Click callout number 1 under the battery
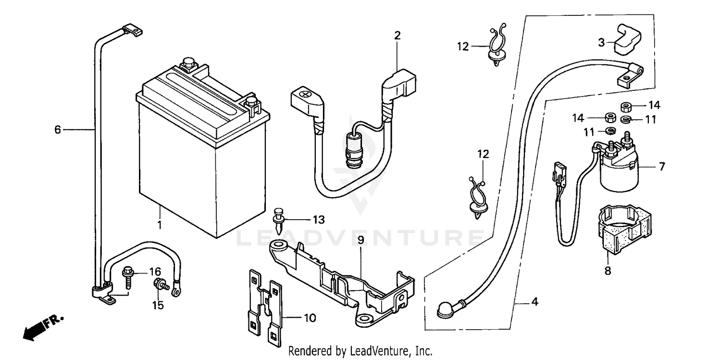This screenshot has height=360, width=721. click(160, 224)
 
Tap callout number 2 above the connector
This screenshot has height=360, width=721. click(397, 35)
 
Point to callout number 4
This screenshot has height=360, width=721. click(535, 302)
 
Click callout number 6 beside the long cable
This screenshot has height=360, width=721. click(58, 129)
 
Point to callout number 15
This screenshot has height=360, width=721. click(158, 305)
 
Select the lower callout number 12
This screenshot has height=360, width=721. click(483, 154)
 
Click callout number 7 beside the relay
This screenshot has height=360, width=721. click(662, 167)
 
